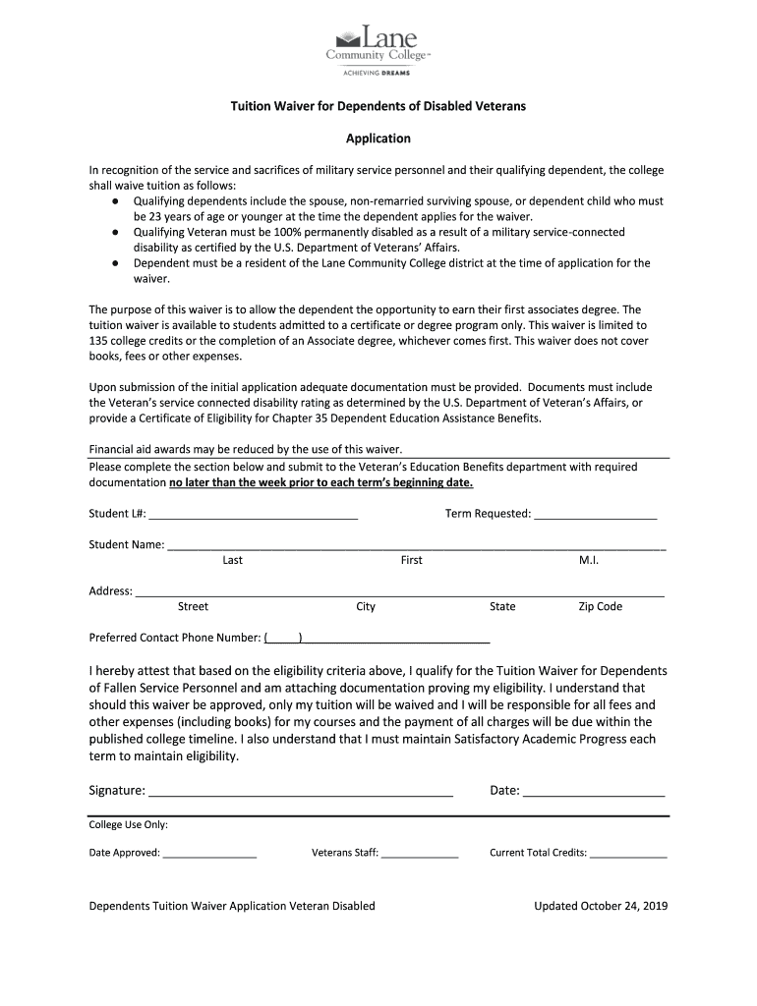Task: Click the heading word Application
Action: tap(378, 139)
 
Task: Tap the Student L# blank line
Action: tap(253, 515)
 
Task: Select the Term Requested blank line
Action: tap(595, 515)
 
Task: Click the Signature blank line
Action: tap(301, 792)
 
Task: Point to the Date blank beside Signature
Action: tap(594, 792)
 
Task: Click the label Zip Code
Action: tap(600, 607)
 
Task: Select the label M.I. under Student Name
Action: tap(589, 561)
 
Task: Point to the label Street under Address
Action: tap(193, 607)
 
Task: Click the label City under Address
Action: tap(366, 607)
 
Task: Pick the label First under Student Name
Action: tap(411, 561)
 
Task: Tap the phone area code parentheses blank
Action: tap(285, 638)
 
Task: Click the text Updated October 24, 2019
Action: tap(601, 906)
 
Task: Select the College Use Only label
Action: tap(128, 825)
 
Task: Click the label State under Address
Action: tap(502, 607)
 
